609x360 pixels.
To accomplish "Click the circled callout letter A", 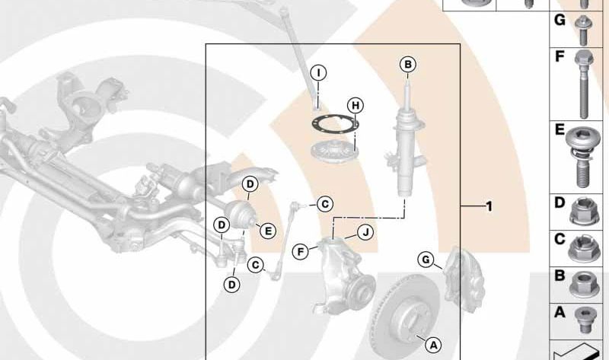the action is [x=433, y=345].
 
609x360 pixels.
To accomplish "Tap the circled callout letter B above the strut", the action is [x=408, y=64].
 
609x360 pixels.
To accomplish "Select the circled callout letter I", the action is [x=318, y=72].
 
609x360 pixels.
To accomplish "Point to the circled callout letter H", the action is [x=356, y=105].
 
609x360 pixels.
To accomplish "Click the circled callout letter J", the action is [x=365, y=233].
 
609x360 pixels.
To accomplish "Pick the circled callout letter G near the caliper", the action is [x=426, y=260].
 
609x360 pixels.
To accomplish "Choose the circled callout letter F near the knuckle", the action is [x=301, y=252].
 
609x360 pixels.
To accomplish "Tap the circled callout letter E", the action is [x=268, y=231].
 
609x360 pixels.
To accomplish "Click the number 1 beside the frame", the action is [x=489, y=206].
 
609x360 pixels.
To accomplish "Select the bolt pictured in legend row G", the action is [x=583, y=30].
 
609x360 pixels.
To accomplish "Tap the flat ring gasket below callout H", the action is [x=335, y=126].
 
